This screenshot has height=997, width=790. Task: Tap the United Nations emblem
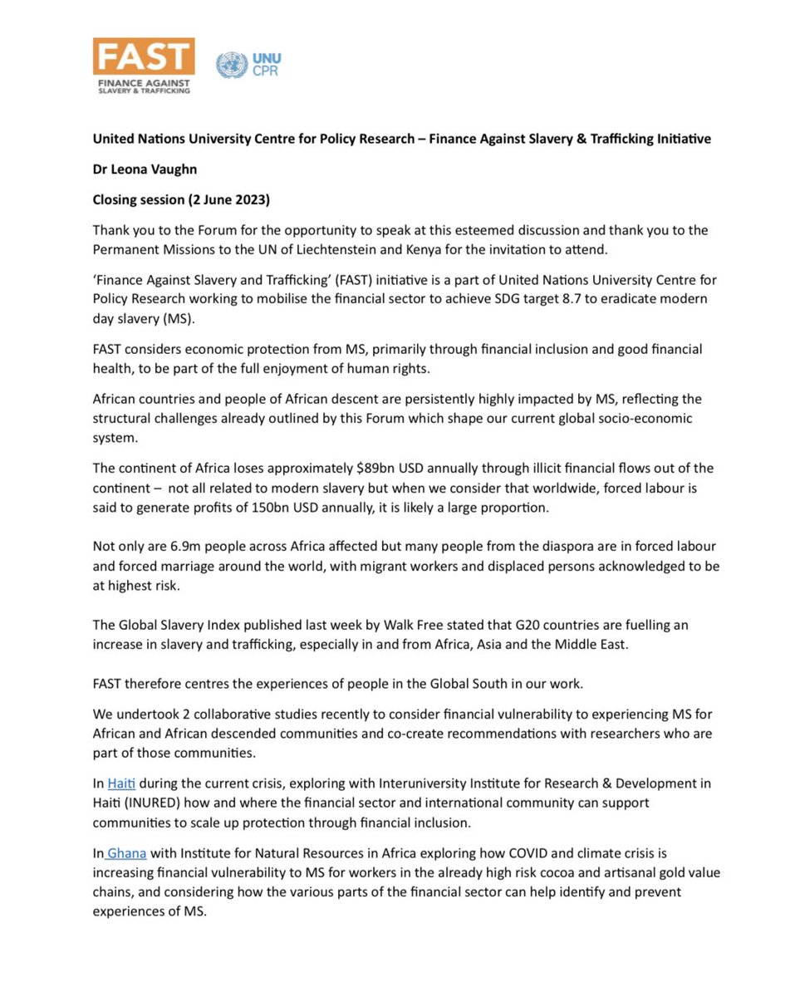click(x=231, y=65)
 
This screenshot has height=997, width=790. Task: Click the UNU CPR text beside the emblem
click(x=266, y=65)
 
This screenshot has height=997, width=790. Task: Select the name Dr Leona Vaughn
click(x=147, y=167)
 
